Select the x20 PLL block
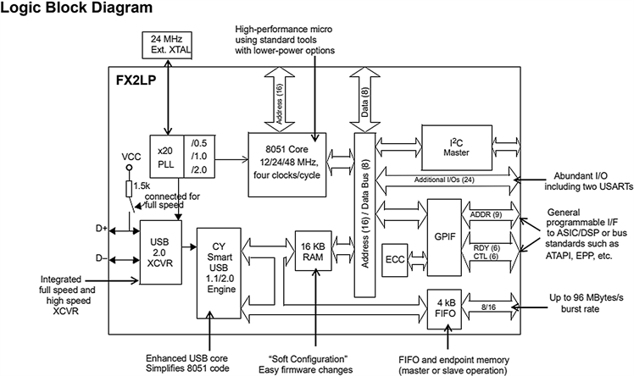(166, 157)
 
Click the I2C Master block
(456, 145)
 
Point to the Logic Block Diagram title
(77, 10)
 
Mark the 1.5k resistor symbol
(130, 187)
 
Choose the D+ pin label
(102, 229)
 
